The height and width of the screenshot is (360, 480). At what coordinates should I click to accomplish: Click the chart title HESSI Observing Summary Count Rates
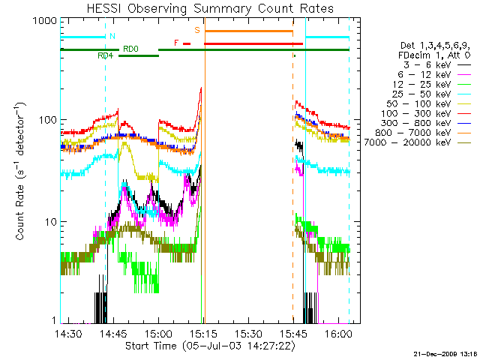click(209, 8)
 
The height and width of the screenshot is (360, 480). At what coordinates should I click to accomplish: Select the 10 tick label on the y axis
click(47, 222)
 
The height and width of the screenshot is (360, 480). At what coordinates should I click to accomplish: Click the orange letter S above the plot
click(197, 31)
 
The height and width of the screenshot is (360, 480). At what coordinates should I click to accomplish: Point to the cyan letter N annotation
click(112, 36)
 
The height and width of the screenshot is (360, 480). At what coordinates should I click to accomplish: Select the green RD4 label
click(105, 55)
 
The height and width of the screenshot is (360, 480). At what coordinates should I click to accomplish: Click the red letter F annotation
click(176, 43)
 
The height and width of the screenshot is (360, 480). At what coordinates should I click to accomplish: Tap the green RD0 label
click(130, 49)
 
